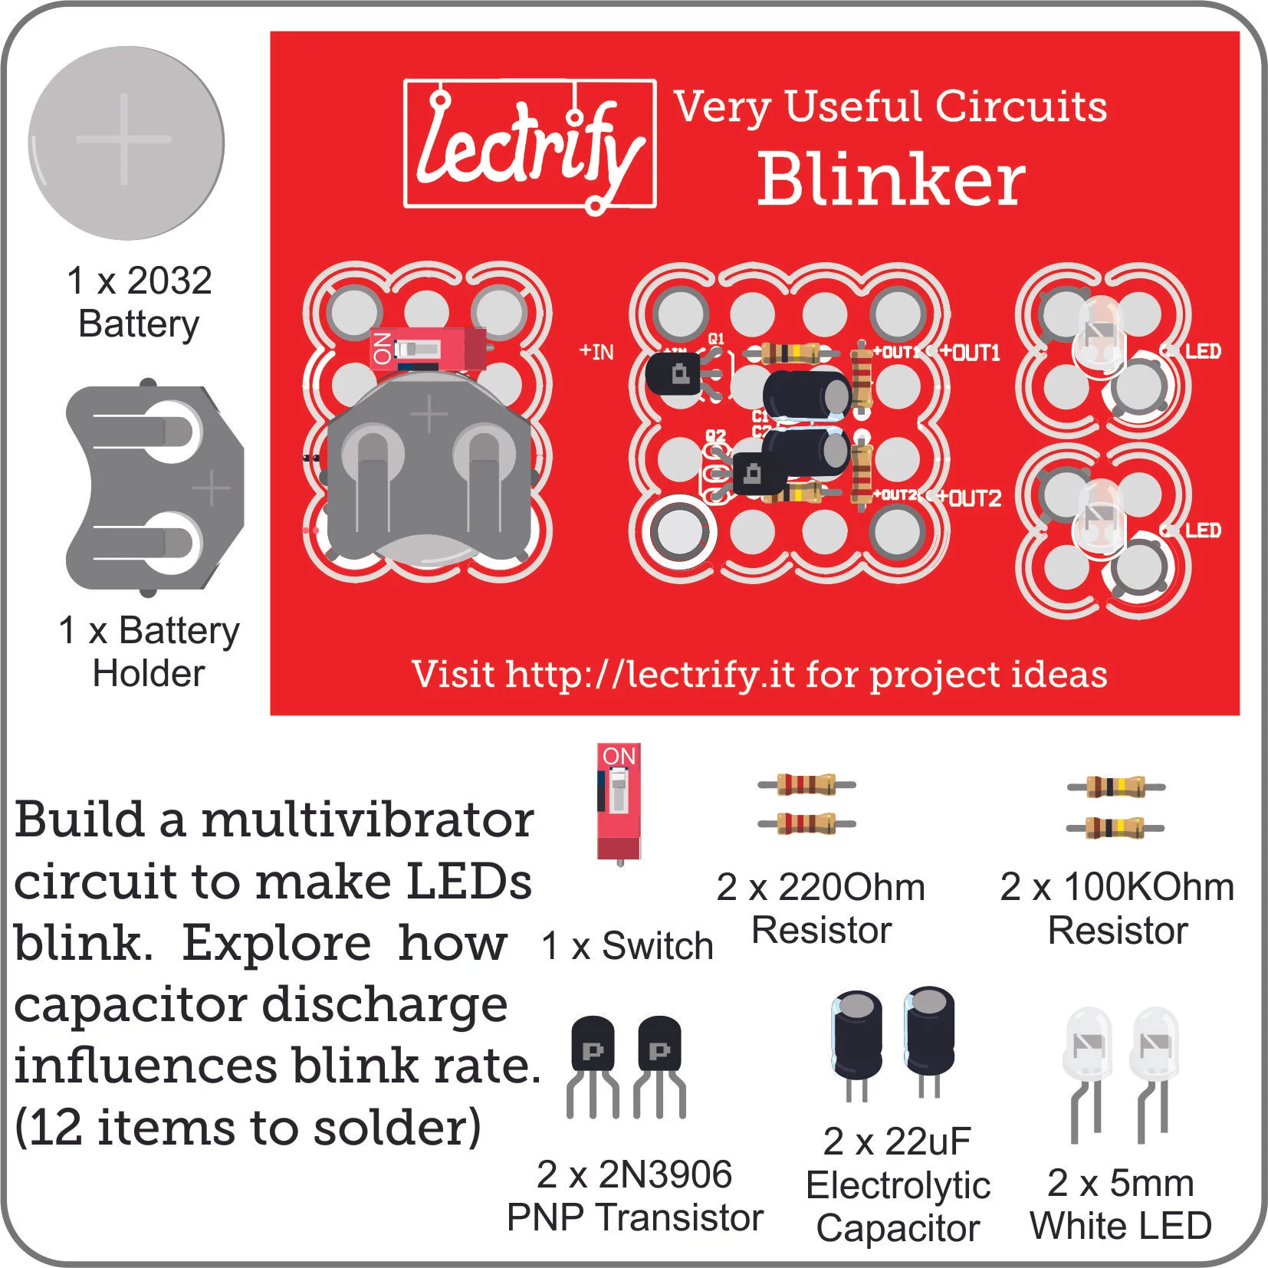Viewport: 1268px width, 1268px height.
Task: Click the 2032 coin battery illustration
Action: click(x=126, y=143)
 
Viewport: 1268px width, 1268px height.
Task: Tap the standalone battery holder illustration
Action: click(x=153, y=488)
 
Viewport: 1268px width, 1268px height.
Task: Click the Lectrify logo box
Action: click(x=530, y=143)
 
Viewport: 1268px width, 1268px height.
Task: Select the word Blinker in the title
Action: click(x=891, y=179)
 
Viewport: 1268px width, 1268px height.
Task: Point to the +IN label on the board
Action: click(x=596, y=352)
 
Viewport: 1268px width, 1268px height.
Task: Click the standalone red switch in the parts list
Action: click(x=619, y=801)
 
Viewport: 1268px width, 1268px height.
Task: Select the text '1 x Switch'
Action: click(x=626, y=945)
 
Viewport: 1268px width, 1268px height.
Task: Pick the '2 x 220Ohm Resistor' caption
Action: click(x=821, y=908)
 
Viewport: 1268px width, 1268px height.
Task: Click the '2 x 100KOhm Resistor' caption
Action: click(x=1117, y=908)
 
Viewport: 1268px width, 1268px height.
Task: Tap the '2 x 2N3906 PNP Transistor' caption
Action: click(x=635, y=1196)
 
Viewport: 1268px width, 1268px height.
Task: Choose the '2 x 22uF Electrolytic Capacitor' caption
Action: click(x=898, y=1184)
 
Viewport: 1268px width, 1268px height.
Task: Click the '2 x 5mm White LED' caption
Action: click(x=1120, y=1204)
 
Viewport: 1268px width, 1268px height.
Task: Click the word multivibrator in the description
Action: click(x=367, y=820)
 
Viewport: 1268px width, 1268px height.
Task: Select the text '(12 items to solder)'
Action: click(x=248, y=1128)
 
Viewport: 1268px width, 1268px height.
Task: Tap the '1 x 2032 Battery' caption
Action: click(x=139, y=302)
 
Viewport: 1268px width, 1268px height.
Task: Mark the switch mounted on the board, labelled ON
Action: click(x=426, y=350)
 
